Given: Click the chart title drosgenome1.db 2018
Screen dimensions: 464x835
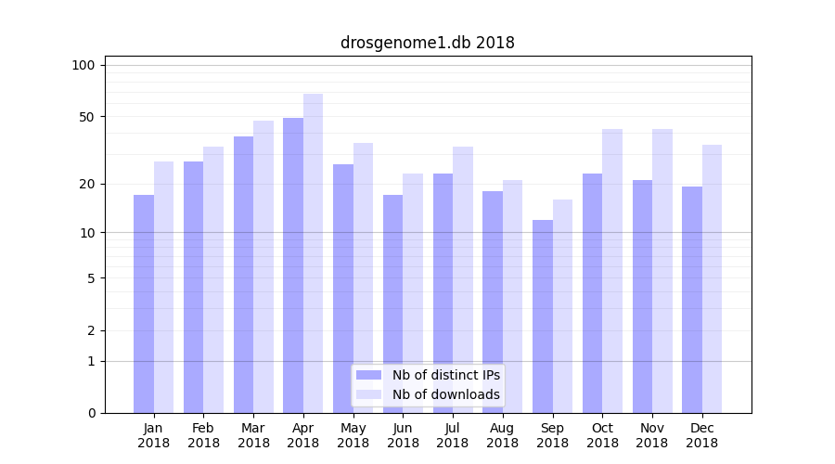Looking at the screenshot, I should pos(427,43).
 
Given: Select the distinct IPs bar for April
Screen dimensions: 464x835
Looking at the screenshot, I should pos(293,264).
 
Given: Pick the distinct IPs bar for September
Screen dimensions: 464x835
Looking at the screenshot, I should pos(543,316).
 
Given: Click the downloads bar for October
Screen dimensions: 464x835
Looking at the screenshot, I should pos(612,269).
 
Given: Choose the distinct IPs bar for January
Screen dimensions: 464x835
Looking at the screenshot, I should pos(144,303).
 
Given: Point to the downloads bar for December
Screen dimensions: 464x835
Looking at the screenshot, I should pos(712,278).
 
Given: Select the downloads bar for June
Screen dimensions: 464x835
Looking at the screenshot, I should pos(413,292).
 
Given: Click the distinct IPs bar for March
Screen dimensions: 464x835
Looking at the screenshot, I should pos(243,274).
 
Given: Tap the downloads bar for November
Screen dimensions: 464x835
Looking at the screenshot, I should pos(662,269).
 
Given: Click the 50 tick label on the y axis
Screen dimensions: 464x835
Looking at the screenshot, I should pos(87,117).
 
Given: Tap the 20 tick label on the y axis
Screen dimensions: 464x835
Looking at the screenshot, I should pos(87,184).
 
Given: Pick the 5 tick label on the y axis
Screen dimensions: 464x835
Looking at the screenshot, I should pos(91,277).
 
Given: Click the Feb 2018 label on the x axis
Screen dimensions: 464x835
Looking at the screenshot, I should pos(204,435).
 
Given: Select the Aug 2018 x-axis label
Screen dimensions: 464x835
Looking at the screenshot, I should pos(503,435).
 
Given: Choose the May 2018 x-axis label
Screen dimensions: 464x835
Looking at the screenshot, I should pos(353,435).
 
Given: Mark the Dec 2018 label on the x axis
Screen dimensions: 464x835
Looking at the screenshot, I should pos(701,435).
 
